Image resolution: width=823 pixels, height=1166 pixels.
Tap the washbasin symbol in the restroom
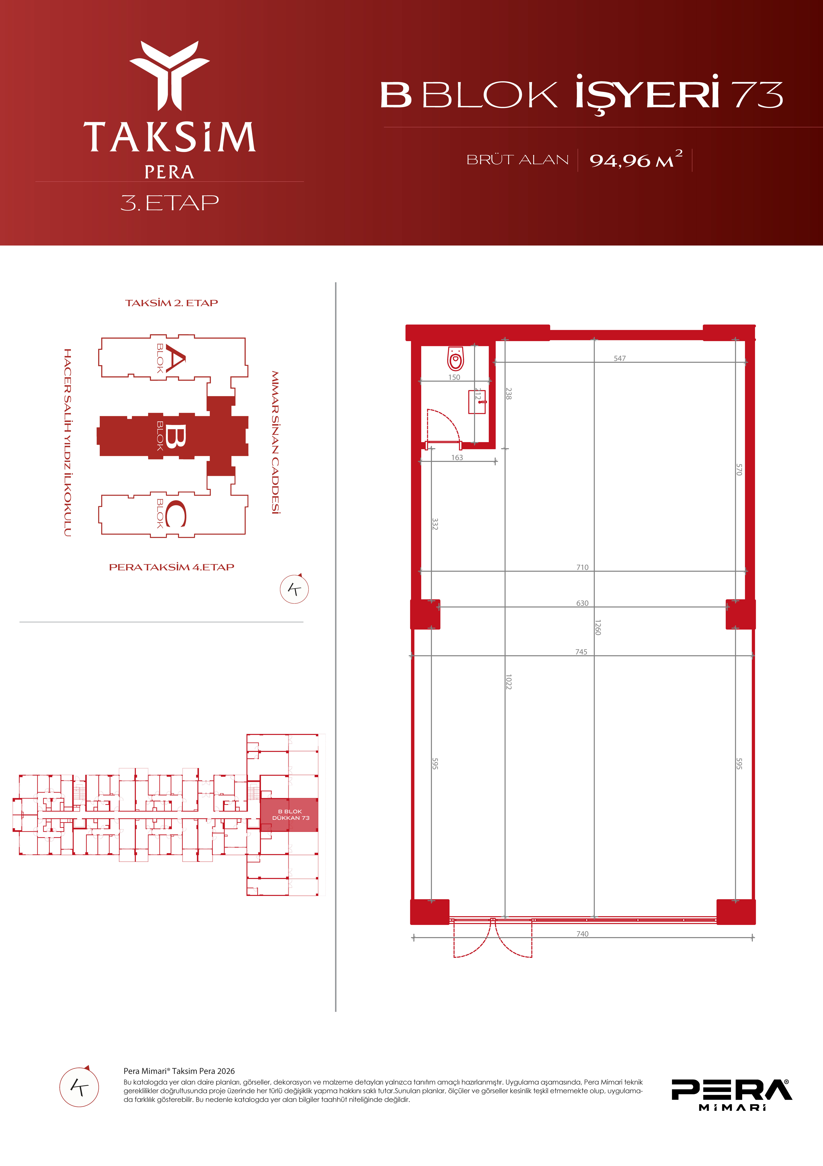pos(477,402)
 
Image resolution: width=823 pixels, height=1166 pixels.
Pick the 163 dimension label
pos(457,458)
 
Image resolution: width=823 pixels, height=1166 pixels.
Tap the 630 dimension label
pos(583,603)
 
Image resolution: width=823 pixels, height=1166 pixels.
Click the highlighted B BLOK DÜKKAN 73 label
pos(290,815)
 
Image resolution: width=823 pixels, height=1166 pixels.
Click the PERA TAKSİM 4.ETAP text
pos(172,567)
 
